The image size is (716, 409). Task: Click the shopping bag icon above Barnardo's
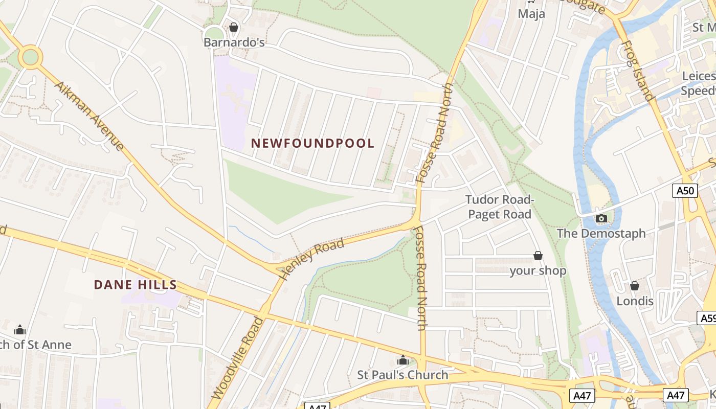pyautogui.click(x=234, y=27)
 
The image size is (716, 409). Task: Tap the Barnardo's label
pyautogui.click(x=234, y=42)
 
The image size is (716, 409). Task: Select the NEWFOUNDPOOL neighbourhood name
pyautogui.click(x=313, y=144)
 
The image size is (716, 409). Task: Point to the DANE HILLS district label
pyautogui.click(x=136, y=285)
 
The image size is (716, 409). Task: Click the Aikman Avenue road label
pyautogui.click(x=89, y=116)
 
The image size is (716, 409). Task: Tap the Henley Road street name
pyautogui.click(x=312, y=259)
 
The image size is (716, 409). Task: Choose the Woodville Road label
pyautogui.click(x=238, y=358)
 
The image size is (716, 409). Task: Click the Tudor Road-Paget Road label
pyautogui.click(x=500, y=207)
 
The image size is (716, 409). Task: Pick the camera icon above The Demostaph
pyautogui.click(x=601, y=219)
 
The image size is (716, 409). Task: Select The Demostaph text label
pyautogui.click(x=601, y=234)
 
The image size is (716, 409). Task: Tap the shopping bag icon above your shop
pyautogui.click(x=538, y=256)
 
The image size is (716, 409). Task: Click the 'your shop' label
pyautogui.click(x=538, y=271)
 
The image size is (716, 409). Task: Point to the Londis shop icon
pyautogui.click(x=635, y=286)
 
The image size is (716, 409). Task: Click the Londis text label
pyautogui.click(x=635, y=301)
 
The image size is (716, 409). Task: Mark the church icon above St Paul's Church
pyautogui.click(x=402, y=360)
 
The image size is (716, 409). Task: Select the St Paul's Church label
pyautogui.click(x=402, y=375)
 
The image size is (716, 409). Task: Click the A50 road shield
pyautogui.click(x=685, y=191)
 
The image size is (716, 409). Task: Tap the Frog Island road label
pyautogui.click(x=637, y=72)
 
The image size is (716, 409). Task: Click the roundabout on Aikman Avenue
pyautogui.click(x=30, y=57)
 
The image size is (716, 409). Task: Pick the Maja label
pyautogui.click(x=531, y=13)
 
